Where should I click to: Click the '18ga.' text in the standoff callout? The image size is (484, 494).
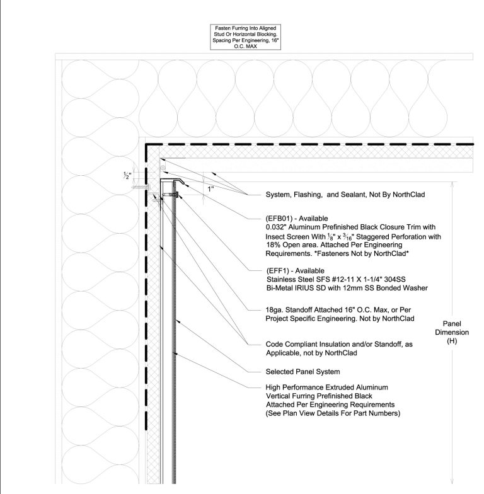point(276,310)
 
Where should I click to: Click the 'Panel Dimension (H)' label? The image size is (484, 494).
point(451,331)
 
